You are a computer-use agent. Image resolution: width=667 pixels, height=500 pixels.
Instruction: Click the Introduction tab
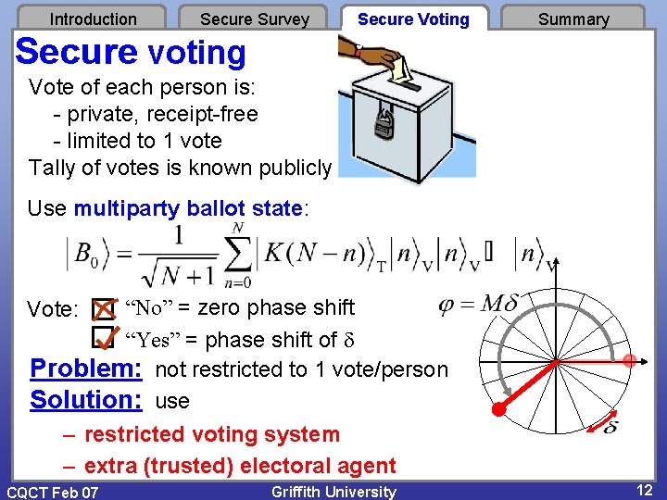point(93,19)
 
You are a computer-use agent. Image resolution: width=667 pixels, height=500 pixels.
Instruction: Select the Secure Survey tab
point(255,19)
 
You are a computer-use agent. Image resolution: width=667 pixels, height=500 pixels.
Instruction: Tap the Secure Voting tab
point(413,19)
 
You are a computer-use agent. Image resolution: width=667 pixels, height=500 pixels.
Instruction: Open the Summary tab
point(573,19)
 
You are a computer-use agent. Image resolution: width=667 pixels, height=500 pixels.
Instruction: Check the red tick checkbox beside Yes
point(107,340)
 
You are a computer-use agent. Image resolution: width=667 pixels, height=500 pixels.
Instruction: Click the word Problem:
point(85,369)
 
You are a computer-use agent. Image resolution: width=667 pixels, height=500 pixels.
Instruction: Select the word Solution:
point(85,400)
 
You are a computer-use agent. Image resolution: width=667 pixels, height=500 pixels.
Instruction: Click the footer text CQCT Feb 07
point(52,492)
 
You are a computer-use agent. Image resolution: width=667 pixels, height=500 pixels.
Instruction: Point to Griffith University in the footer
point(333,492)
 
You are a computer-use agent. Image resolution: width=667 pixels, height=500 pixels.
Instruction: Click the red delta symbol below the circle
point(610,427)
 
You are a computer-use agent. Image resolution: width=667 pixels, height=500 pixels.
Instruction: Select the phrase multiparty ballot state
point(188,208)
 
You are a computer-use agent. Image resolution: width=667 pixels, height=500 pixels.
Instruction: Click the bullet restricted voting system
point(212,434)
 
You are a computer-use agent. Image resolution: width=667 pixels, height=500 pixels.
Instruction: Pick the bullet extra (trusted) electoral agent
point(240,466)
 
